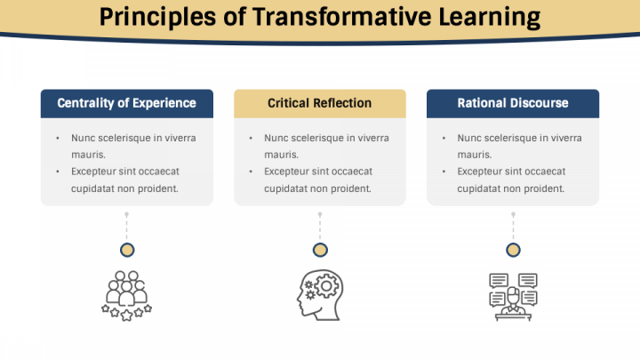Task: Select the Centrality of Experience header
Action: coord(127,103)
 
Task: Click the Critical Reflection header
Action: coord(320,103)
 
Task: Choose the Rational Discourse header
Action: coord(513,103)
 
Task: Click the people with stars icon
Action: coord(127,295)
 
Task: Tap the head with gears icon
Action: coord(319,294)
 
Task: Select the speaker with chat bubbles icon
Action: coord(513,294)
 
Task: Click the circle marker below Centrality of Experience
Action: coord(127,250)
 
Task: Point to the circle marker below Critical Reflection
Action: coord(320,250)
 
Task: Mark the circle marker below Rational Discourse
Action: coord(513,250)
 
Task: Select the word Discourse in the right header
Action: coord(539,103)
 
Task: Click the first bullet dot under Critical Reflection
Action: coord(251,138)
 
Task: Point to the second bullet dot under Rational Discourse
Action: coord(444,172)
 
